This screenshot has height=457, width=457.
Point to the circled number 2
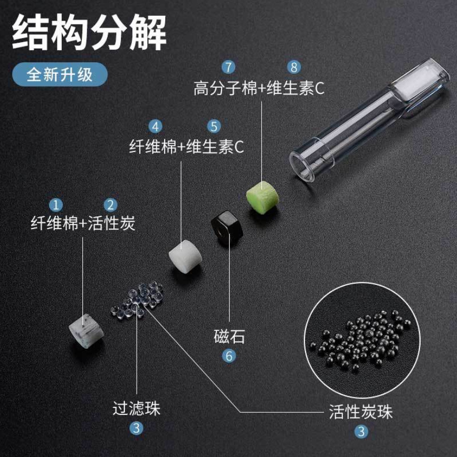(110, 204)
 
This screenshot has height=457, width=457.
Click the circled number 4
(155, 127)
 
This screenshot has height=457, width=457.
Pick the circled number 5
(213, 127)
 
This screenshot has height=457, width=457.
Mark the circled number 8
(294, 68)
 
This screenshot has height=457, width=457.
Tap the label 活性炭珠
(361, 412)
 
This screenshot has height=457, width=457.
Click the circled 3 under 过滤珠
(136, 428)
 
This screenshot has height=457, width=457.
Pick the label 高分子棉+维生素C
(258, 88)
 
